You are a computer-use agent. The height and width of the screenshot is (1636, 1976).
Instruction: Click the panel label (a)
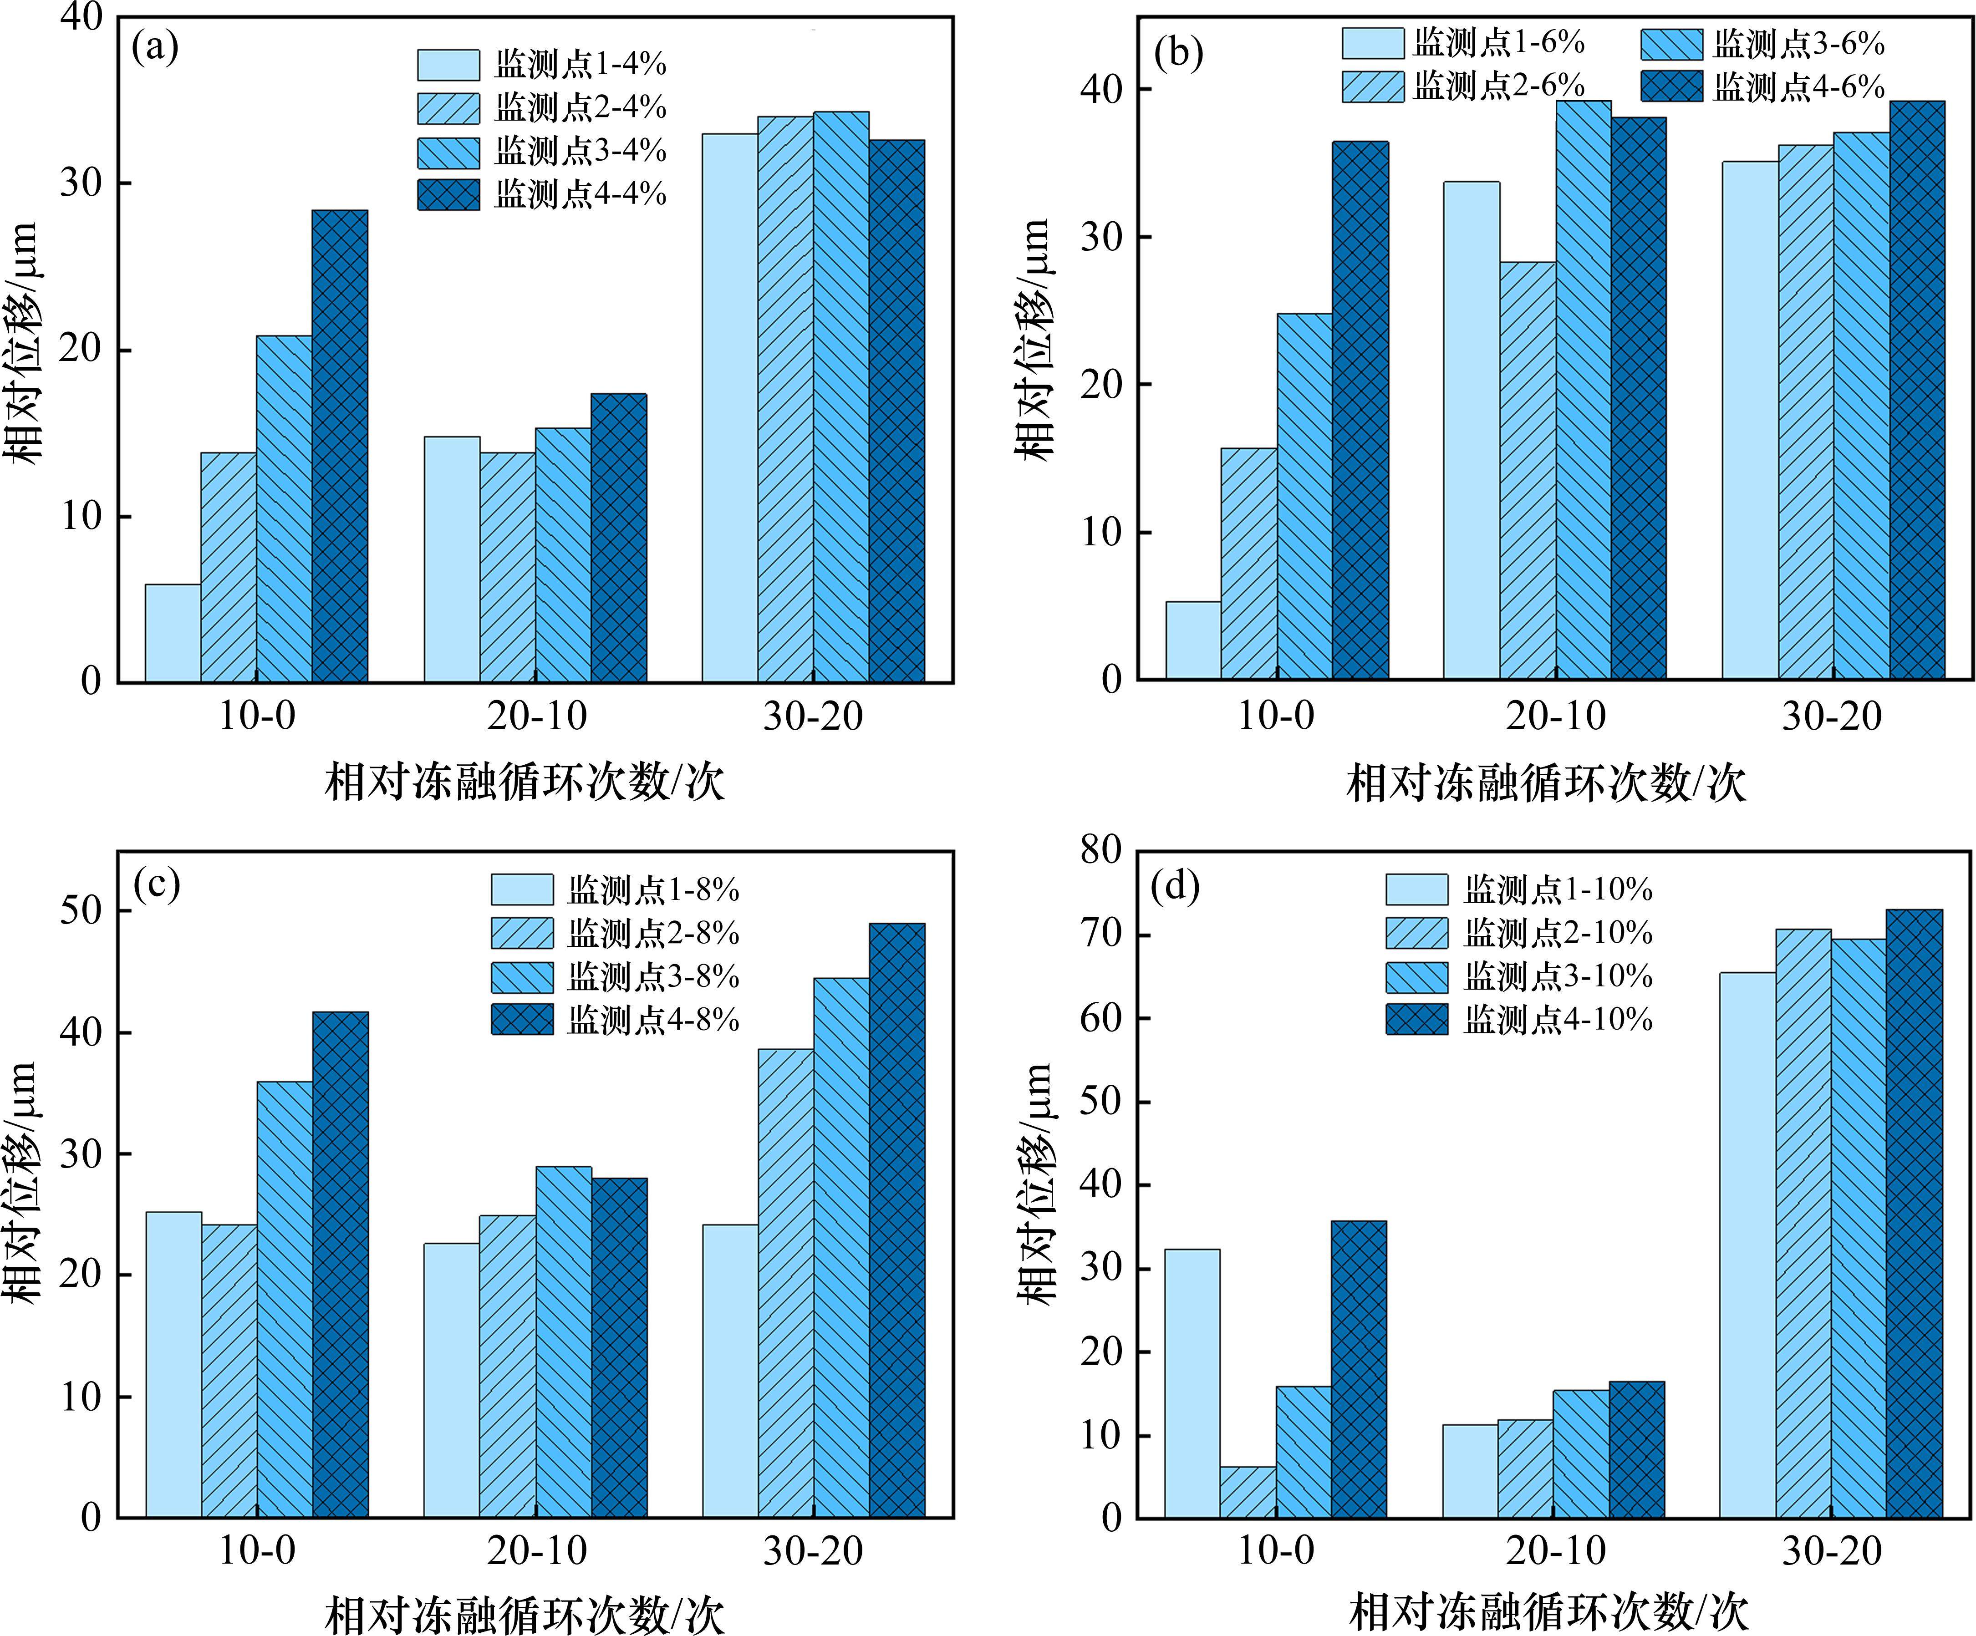pyautogui.click(x=155, y=47)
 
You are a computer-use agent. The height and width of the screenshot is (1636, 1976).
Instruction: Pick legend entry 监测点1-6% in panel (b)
pyautogui.click(x=1463, y=43)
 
